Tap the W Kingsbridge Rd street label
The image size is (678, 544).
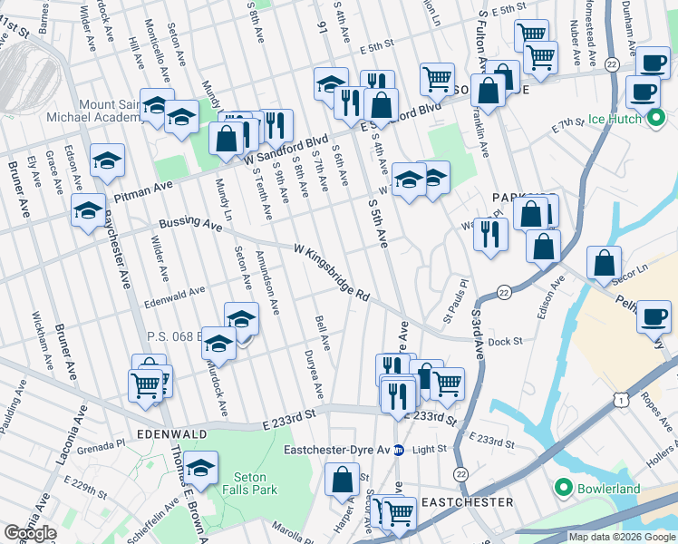click(x=332, y=271)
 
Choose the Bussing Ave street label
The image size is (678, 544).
click(x=189, y=223)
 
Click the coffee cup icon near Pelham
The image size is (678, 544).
click(x=654, y=317)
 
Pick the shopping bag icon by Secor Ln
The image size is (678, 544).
click(x=604, y=263)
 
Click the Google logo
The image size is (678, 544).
click(x=31, y=533)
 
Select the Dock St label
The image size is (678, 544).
click(x=505, y=342)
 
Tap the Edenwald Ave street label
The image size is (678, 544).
click(x=174, y=290)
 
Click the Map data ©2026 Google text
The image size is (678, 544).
click(x=621, y=537)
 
